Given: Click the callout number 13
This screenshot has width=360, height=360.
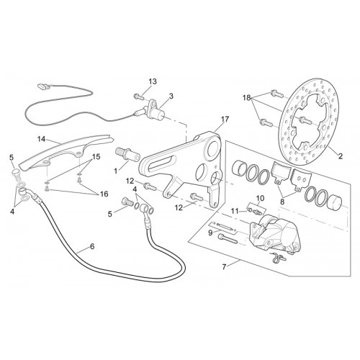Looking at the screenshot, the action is coord(153,81).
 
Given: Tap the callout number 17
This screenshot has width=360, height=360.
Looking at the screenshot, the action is coord(225,119).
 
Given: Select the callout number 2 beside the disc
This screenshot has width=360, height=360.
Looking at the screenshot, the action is coord(341,156).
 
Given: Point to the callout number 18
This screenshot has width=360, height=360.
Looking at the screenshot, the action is coord(246,97).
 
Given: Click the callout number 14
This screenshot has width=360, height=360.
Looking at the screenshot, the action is coord(41,139).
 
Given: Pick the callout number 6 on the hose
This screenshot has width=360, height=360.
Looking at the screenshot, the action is coord(92,246).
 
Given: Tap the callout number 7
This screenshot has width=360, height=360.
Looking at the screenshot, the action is coord(224,267).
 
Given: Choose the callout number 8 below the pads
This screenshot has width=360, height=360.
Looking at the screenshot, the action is coord(282,202).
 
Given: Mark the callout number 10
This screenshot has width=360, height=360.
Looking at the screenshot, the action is coord(210,233).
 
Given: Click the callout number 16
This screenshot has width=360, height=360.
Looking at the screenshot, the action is coord(260,198).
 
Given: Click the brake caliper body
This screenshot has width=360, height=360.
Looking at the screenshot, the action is coord(235,211).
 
